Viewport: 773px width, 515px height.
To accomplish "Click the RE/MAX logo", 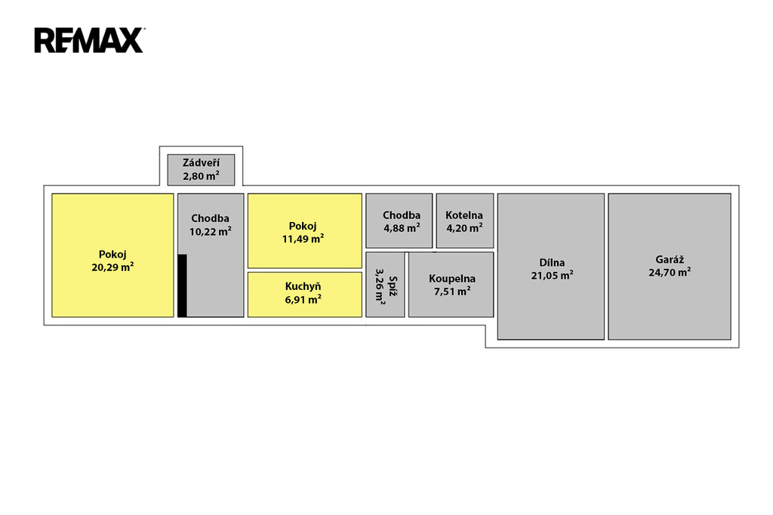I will coord(89,40).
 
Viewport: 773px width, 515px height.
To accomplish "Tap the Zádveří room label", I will coord(201,163).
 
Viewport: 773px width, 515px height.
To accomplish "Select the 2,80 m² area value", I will coord(201,176).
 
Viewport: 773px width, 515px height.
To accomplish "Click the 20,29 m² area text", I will coord(112,267).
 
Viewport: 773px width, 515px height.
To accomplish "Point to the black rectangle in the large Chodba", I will coord(182,285).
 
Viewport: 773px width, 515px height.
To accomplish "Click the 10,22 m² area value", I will coord(211,232).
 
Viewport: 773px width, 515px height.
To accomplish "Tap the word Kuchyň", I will coord(303,286).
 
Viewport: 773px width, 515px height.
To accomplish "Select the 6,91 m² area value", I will coord(303,298).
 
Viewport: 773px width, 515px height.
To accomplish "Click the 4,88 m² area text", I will coord(402,227).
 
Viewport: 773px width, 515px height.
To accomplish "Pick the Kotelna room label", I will coord(464,215).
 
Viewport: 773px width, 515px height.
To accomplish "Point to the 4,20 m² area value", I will coord(464,227).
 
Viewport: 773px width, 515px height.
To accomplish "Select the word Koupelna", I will coord(452,279).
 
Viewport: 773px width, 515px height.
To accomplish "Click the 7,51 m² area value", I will coord(452,291).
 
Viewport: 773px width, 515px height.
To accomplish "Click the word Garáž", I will coord(670,259).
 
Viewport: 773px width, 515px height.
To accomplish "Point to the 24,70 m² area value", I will coord(670,272).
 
